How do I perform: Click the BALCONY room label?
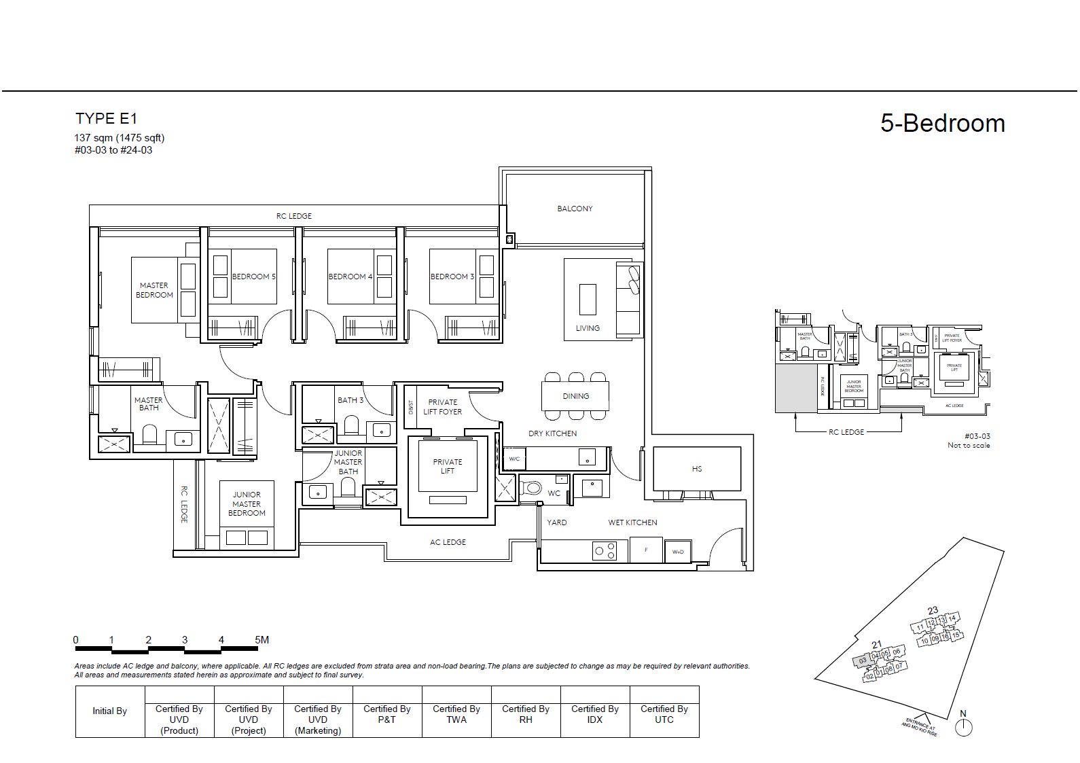pyautogui.click(x=575, y=209)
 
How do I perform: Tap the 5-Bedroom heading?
pyautogui.click(x=942, y=124)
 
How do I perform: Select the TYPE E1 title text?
pyautogui.click(x=106, y=119)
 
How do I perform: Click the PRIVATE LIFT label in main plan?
pyautogui.click(x=447, y=466)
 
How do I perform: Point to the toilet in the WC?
pyautogui.click(x=533, y=488)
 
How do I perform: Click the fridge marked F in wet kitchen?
pyautogui.click(x=646, y=550)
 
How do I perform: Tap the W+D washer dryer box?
pyautogui.click(x=677, y=552)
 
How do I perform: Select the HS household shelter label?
pyautogui.click(x=697, y=469)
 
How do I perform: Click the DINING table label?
pyautogui.click(x=575, y=396)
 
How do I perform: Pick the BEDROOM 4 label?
pyautogui.click(x=350, y=277)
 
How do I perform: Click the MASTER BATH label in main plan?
pyautogui.click(x=148, y=404)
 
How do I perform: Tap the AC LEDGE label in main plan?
pyautogui.click(x=448, y=542)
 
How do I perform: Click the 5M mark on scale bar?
pyautogui.click(x=262, y=640)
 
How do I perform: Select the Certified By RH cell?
pyautogui.click(x=526, y=714)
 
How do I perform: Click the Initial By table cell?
pyautogui.click(x=110, y=711)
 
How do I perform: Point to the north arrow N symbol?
pyautogui.click(x=963, y=726)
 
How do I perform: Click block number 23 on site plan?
pyautogui.click(x=933, y=610)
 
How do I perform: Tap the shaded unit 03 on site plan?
pyautogui.click(x=862, y=660)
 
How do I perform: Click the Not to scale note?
pyautogui.click(x=969, y=446)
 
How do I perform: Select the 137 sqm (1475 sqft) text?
pyautogui.click(x=120, y=138)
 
